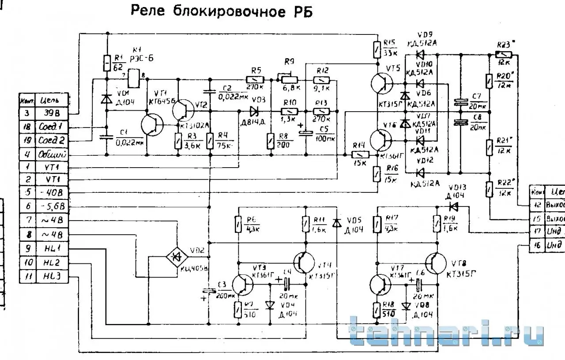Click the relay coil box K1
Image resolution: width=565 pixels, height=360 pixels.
134,78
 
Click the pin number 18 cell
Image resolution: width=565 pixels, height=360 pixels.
26,127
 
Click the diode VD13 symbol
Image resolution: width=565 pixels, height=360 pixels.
453,206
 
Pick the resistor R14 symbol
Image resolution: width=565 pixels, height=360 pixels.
360,155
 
